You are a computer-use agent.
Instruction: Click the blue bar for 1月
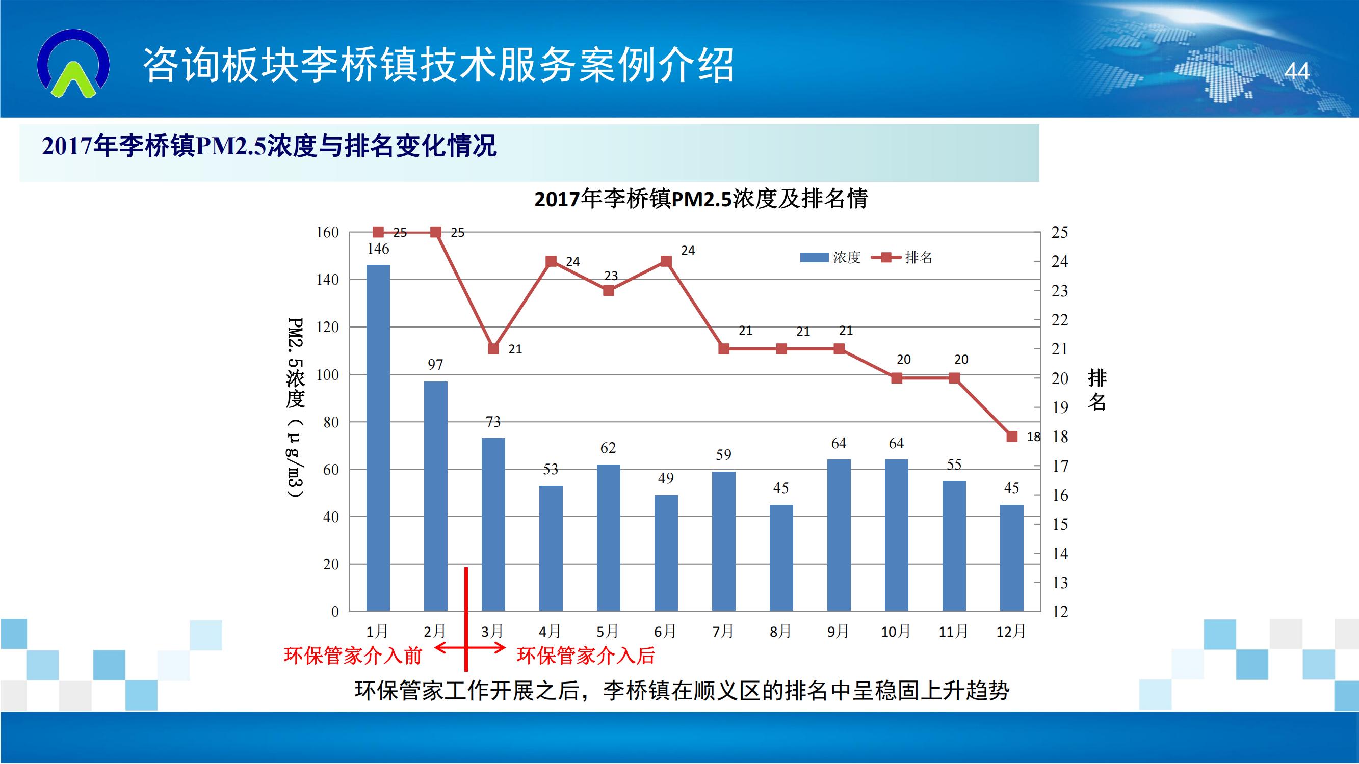point(378,438)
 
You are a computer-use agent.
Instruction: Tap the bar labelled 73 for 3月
point(493,524)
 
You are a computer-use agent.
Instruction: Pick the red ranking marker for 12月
point(1012,436)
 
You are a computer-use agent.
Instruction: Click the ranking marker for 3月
point(493,348)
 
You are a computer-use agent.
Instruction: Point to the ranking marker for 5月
point(608,290)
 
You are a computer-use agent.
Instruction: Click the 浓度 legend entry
point(830,257)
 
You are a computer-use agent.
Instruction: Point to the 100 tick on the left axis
point(328,375)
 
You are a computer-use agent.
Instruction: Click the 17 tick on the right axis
point(1059,466)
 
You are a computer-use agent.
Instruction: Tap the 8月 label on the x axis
point(780,631)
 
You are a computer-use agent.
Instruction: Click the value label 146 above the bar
point(378,249)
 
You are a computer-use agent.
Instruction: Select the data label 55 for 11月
point(954,465)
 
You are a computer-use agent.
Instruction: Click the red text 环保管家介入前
point(353,656)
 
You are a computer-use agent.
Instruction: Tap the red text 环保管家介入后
point(586,656)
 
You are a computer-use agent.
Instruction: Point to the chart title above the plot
point(700,199)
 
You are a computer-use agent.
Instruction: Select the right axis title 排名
point(1097,390)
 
